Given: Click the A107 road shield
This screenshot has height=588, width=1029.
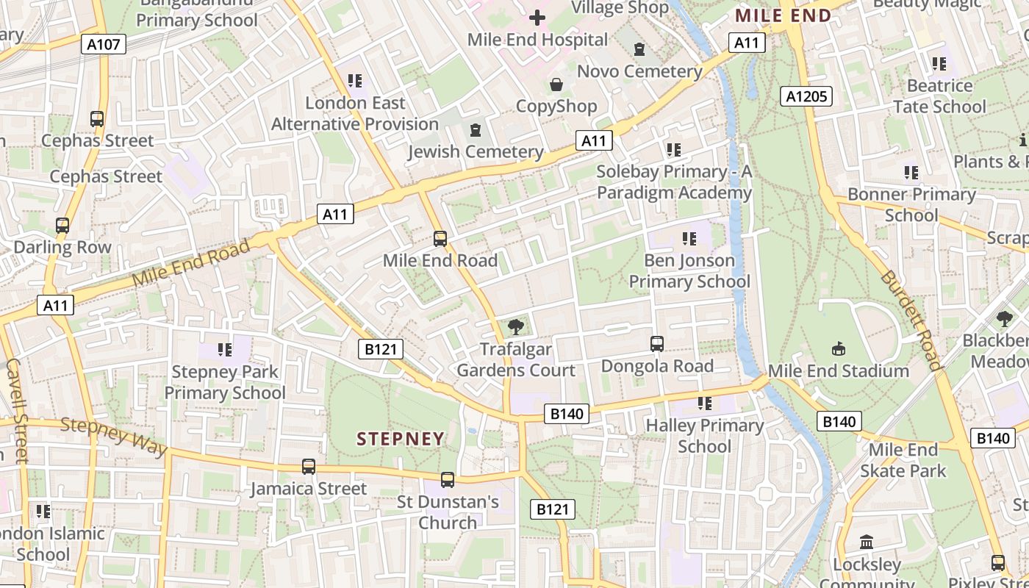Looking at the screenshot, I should pyautogui.click(x=103, y=44).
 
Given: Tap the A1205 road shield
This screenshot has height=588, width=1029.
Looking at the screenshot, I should pyautogui.click(x=806, y=96).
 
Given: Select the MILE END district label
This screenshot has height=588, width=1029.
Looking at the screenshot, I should pyautogui.click(x=783, y=15).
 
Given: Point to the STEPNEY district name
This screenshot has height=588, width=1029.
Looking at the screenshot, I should pyautogui.click(x=401, y=439).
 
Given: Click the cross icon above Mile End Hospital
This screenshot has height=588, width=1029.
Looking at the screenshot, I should pyautogui.click(x=537, y=17).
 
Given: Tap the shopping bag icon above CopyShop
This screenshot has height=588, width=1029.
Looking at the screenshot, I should pyautogui.click(x=556, y=85).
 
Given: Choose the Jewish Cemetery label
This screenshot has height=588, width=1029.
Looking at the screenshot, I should pyautogui.click(x=476, y=152).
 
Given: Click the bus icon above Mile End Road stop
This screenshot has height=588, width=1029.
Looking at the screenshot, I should pyautogui.click(x=440, y=238).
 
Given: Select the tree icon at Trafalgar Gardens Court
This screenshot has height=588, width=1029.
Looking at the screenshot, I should pyautogui.click(x=516, y=326).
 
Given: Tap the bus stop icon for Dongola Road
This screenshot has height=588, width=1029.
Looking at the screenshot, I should pyautogui.click(x=657, y=343).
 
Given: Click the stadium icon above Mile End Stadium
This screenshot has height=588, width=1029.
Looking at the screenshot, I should pyautogui.click(x=838, y=348).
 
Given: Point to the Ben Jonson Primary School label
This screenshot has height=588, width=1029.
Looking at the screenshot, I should pyautogui.click(x=689, y=270).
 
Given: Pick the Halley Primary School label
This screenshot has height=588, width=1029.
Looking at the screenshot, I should pyautogui.click(x=705, y=436).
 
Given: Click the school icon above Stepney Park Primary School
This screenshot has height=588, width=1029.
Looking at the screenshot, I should pyautogui.click(x=224, y=350).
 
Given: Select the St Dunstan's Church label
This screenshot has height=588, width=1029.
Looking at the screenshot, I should pyautogui.click(x=448, y=512).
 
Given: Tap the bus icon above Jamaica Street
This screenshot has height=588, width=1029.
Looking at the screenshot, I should pyautogui.click(x=309, y=466).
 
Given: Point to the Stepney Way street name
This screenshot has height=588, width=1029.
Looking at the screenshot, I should pyautogui.click(x=113, y=437).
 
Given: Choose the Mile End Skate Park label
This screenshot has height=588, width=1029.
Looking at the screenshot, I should pyautogui.click(x=903, y=459).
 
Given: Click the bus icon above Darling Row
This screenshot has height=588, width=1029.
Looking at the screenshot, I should pyautogui.click(x=62, y=226).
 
